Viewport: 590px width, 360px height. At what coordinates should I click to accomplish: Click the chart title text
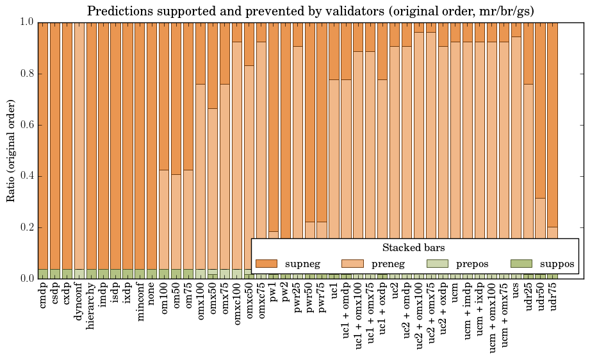pos(310,11)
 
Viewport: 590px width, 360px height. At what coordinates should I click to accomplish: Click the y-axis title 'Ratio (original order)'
pos(11,150)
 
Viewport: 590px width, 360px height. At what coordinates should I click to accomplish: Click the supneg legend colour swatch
pos(266,264)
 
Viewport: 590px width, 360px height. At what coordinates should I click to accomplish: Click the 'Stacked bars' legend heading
pos(413,248)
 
